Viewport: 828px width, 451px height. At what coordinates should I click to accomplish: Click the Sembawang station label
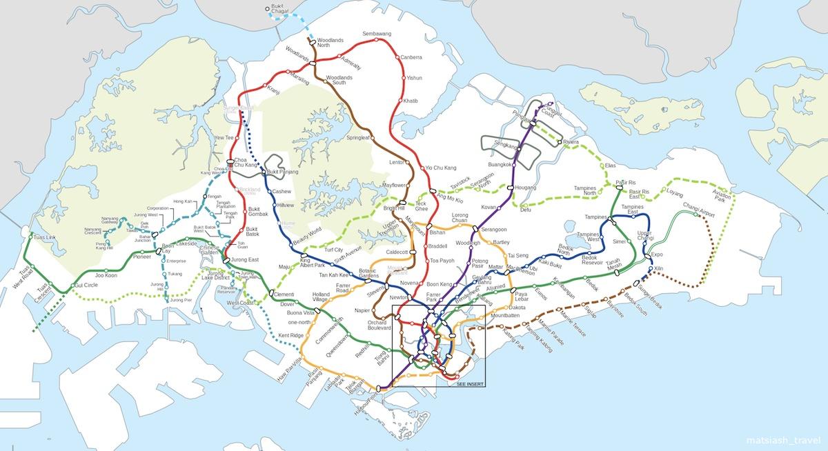point(377,33)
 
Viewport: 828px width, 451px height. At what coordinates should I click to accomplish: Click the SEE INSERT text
point(471,383)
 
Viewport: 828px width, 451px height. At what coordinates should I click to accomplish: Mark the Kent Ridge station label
point(290,335)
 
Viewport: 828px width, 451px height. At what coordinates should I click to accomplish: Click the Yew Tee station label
point(224,138)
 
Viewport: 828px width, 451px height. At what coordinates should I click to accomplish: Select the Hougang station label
point(526,187)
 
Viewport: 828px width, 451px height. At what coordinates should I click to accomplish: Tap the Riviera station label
point(571,142)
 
